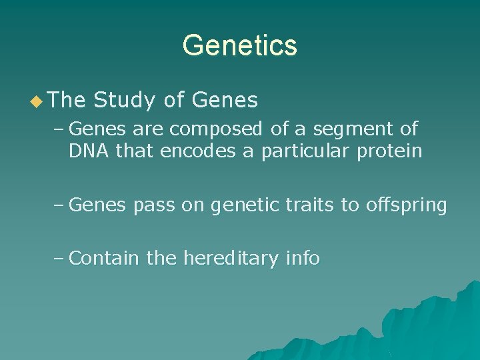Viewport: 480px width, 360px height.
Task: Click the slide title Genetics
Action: (239, 45)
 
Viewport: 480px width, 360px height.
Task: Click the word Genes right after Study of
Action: (224, 100)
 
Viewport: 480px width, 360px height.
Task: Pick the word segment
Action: (349, 128)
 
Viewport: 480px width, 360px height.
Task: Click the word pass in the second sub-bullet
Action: (152, 205)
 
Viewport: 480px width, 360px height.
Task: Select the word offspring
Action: (406, 205)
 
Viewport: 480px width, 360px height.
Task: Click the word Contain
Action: (104, 257)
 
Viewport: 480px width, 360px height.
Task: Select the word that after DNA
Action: (133, 151)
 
